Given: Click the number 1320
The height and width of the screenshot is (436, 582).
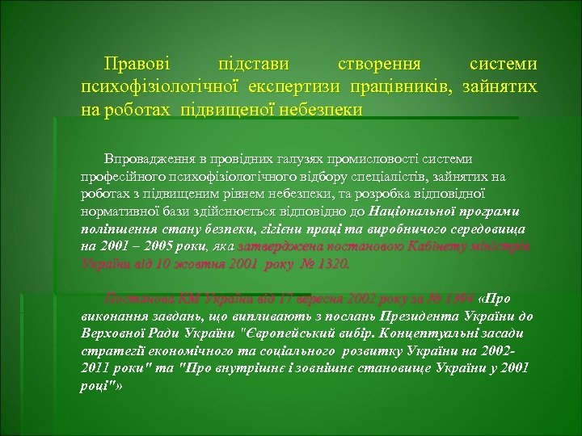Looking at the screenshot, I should pos(331,262).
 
